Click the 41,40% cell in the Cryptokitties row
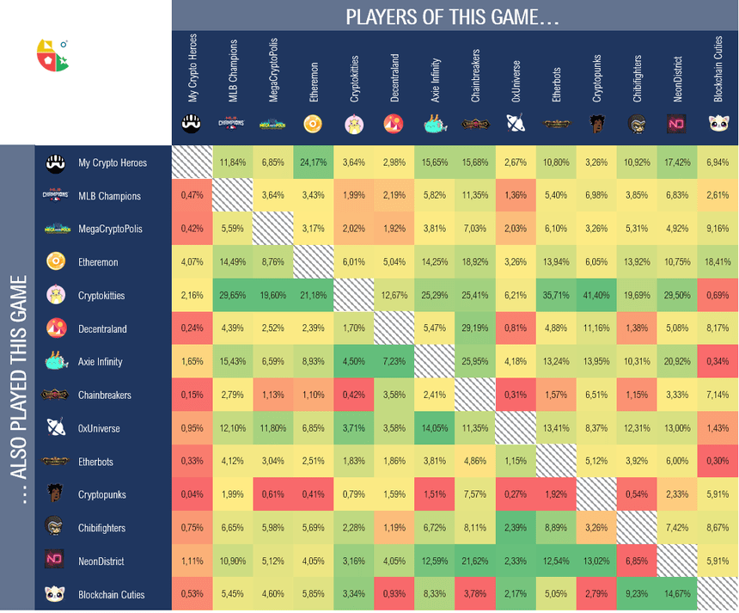pyautogui.click(x=596, y=296)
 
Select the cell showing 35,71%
pyautogui.click(x=556, y=296)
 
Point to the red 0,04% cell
pyautogui.click(x=192, y=494)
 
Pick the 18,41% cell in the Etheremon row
pyautogui.click(x=718, y=262)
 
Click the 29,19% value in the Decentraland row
pyautogui.click(x=475, y=328)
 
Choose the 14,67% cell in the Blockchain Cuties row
pyautogui.click(x=677, y=594)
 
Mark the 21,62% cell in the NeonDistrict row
pyautogui.click(x=475, y=561)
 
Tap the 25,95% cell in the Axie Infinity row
pyautogui.click(x=475, y=362)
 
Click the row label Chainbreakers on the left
pyautogui.click(x=105, y=395)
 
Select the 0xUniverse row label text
pyautogui.click(x=99, y=428)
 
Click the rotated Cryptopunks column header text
pyautogui.click(x=597, y=79)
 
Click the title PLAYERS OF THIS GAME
pyautogui.click(x=453, y=16)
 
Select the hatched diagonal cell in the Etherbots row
pyautogui.click(x=556, y=462)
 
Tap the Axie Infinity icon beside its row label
pyautogui.click(x=56, y=362)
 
